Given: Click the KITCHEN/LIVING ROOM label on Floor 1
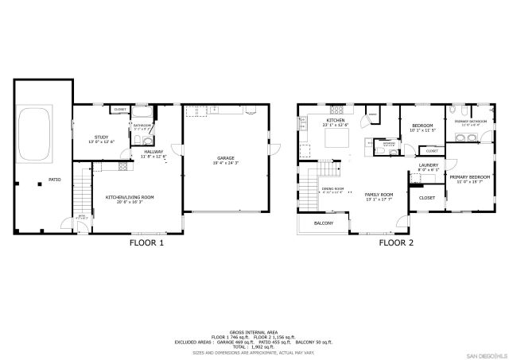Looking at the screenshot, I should (x=130, y=196).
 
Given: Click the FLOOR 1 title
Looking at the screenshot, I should (x=146, y=243).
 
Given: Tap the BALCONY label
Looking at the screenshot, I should (x=323, y=223).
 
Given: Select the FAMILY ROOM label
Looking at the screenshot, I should (x=379, y=194).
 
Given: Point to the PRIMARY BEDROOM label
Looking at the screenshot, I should (x=469, y=176).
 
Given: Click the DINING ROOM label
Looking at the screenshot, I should (x=332, y=188).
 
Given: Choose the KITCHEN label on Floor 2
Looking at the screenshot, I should (x=335, y=121).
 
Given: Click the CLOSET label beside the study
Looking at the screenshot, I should (x=120, y=110).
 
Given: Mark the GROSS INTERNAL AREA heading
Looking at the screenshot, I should (x=254, y=331).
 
